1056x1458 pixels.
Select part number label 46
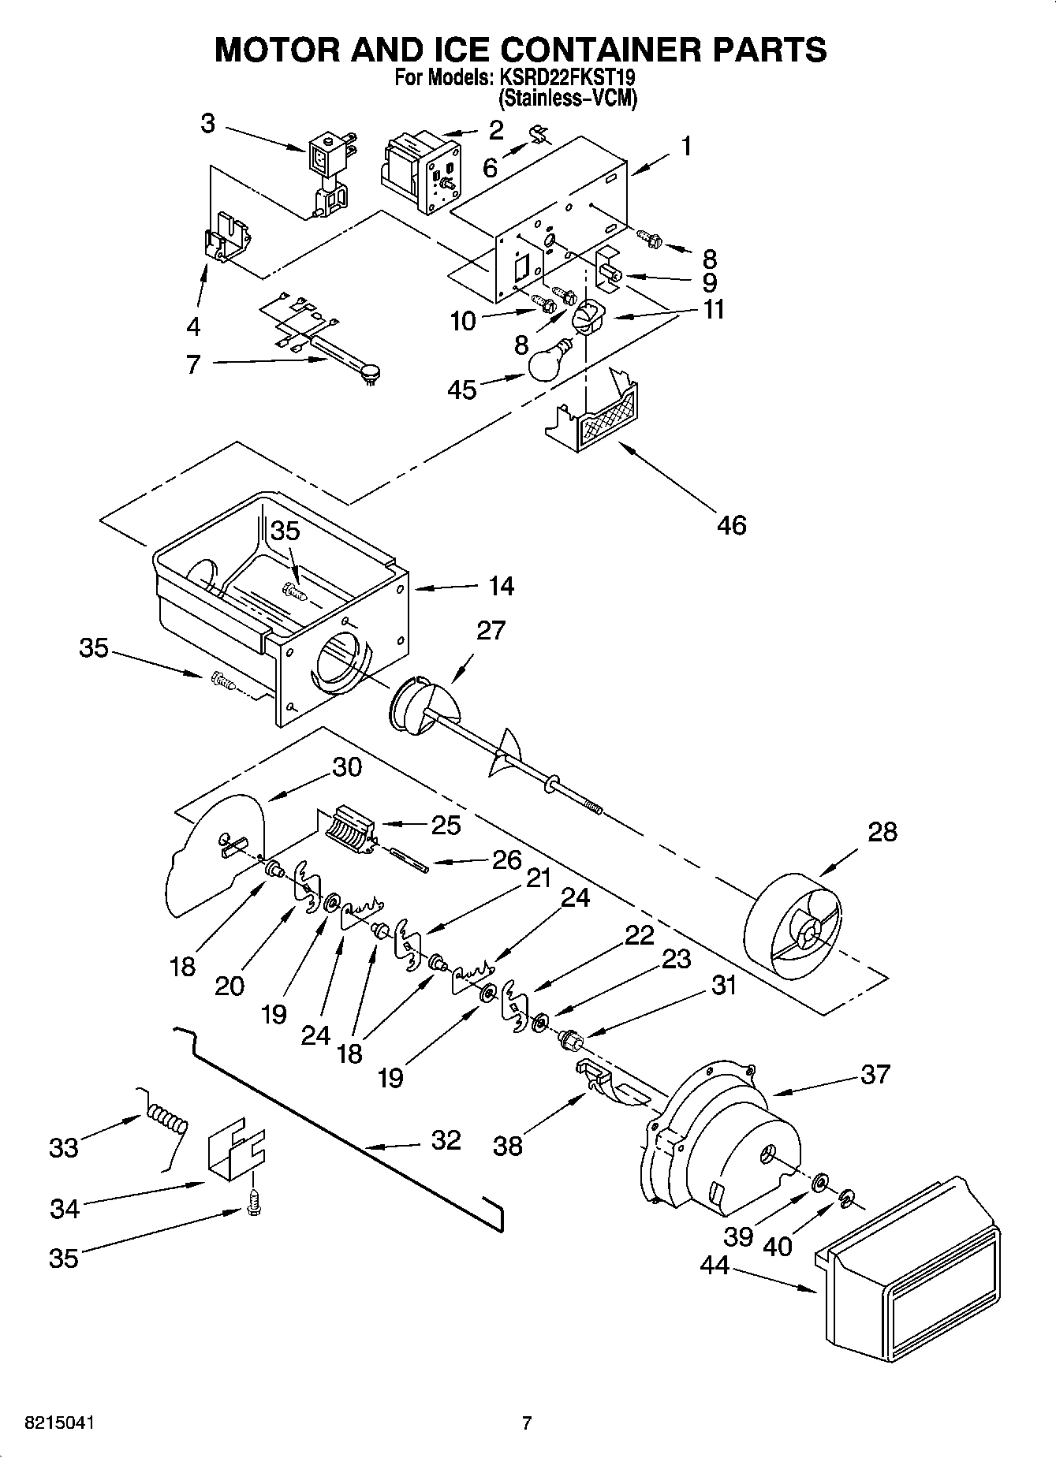pos(731,524)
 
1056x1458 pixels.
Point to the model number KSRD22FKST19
pos(565,78)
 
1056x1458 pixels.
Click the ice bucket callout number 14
pos(501,586)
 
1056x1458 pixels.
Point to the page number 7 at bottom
pos(527,1423)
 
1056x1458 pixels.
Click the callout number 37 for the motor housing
pos(875,1074)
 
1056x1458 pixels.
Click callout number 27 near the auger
pos(491,631)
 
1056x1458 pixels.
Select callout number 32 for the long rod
pos(446,1140)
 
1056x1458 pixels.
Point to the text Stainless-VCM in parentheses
pos(566,99)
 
